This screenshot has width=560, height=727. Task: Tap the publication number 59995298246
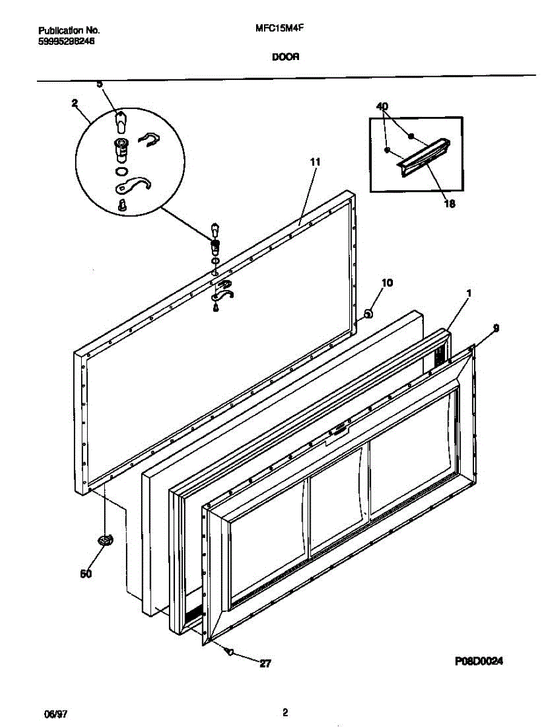67,41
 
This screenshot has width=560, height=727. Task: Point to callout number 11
315,162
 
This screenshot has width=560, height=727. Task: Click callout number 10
387,282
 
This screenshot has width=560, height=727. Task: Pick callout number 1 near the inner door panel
469,293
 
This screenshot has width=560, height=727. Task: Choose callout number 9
496,328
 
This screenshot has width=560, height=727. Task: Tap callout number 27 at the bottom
265,664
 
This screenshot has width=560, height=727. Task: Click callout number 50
87,574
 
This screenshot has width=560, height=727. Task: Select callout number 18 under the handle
449,204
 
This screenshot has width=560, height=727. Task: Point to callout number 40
382,107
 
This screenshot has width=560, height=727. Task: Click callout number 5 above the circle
100,84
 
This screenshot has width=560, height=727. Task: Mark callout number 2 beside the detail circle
74,103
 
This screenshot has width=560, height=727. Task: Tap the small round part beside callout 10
367,313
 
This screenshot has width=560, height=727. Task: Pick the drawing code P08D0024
478,662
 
